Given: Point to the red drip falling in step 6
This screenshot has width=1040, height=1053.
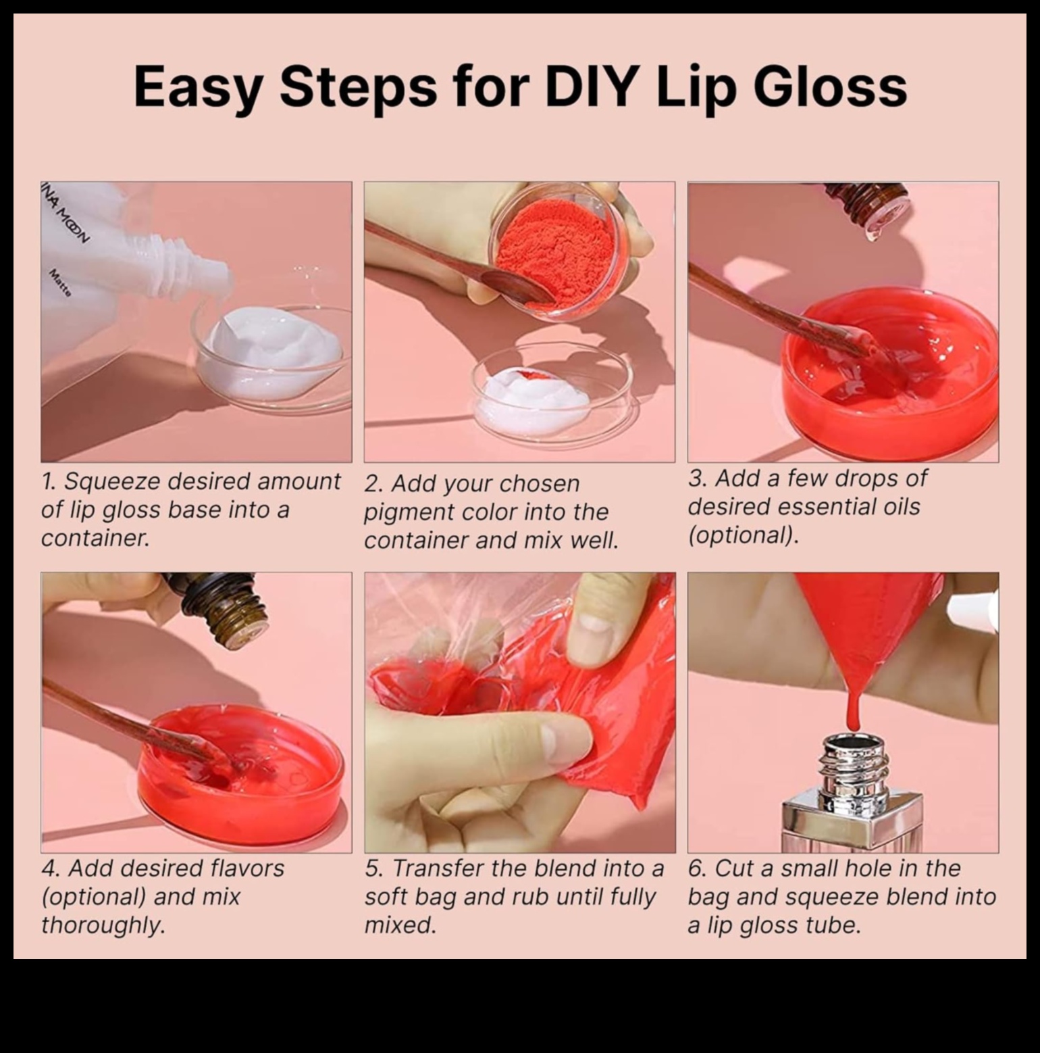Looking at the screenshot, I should pyautogui.click(x=853, y=710).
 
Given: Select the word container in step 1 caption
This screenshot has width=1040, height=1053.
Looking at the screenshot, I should pyautogui.click(x=95, y=539).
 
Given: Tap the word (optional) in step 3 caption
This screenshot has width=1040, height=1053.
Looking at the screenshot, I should pyautogui.click(x=743, y=535).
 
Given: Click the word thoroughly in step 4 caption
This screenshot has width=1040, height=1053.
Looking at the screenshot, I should pyautogui.click(x=103, y=925).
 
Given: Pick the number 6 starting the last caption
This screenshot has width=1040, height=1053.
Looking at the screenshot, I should pyautogui.click(x=696, y=868).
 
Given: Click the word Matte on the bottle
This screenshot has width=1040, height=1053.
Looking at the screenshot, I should pyautogui.click(x=61, y=283).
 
